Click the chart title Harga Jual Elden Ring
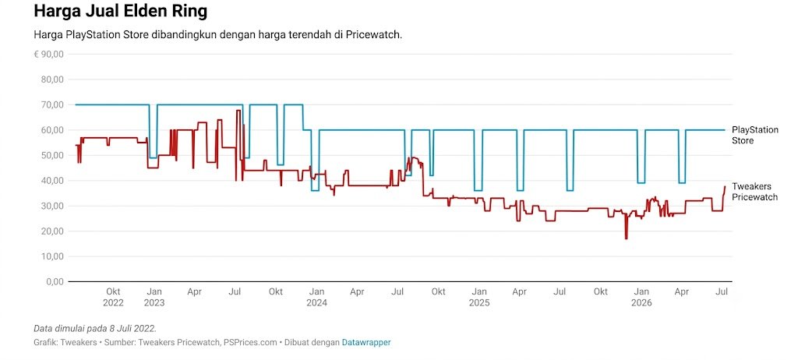(x=120, y=11)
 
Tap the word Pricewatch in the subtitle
(x=375, y=35)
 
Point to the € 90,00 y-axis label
(x=48, y=54)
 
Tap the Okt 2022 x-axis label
(x=113, y=297)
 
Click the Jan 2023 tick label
(x=154, y=297)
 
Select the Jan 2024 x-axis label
(x=316, y=297)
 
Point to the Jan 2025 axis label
(x=479, y=297)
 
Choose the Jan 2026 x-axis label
(x=641, y=297)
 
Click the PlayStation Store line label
(x=755, y=135)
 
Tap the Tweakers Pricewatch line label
(x=754, y=192)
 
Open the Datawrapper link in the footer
(x=366, y=343)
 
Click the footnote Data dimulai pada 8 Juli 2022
(x=95, y=328)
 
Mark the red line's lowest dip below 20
(x=626, y=238)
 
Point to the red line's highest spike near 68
(x=238, y=111)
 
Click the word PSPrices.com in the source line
(x=250, y=343)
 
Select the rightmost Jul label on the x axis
(x=722, y=291)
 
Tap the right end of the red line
(x=725, y=186)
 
